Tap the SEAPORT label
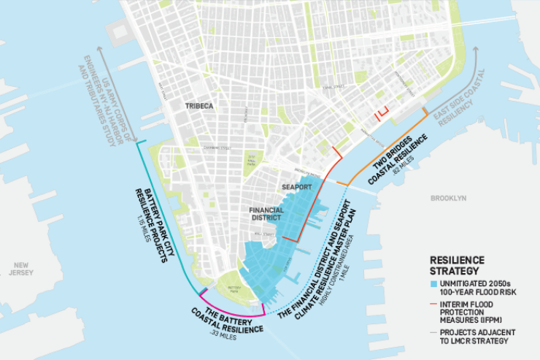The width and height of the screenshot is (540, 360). click(x=298, y=187)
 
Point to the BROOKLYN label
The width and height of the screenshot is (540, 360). click(x=447, y=198)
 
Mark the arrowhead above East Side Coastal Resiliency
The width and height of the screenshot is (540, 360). click(x=478, y=50)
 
